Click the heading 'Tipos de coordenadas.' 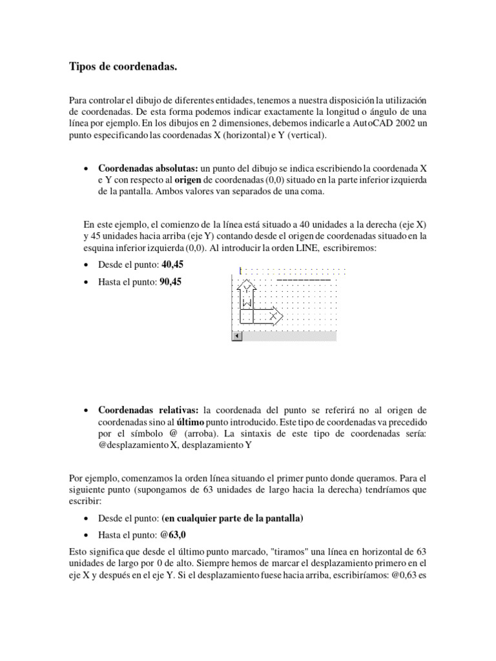coord(123,66)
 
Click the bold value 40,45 coord(172,265)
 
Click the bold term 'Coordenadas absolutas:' coord(149,168)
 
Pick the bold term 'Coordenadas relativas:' coord(149,410)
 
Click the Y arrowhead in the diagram coord(247,285)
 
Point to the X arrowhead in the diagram coord(276,316)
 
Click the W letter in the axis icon coord(246,302)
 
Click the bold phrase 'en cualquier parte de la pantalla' coord(233,518)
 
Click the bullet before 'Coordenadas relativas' coord(87,411)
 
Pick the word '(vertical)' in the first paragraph coord(307,136)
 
